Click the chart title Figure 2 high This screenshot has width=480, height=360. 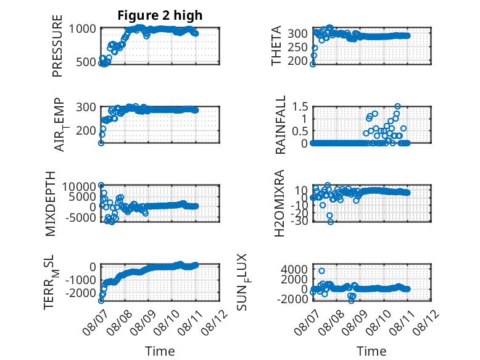pyautogui.click(x=160, y=15)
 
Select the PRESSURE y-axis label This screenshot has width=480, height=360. pyautogui.click(x=57, y=46)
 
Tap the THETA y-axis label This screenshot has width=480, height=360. pyautogui.click(x=276, y=46)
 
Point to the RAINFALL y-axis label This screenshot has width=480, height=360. pyautogui.click(x=280, y=125)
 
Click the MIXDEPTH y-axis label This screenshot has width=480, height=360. pyautogui.click(x=50, y=204)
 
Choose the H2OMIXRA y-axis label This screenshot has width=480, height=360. pyautogui.click(x=279, y=203)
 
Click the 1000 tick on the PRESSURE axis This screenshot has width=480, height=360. pyautogui.click(x=83, y=29)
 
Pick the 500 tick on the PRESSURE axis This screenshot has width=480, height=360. pyautogui.click(x=86, y=62)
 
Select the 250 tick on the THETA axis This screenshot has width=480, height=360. pyautogui.click(x=297, y=47)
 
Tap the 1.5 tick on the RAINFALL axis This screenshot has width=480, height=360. pyautogui.click(x=300, y=107)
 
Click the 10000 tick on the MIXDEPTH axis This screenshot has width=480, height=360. pyautogui.click(x=80, y=186)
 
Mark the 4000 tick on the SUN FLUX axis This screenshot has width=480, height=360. pyautogui.click(x=294, y=270)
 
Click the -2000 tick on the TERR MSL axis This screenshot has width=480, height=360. pyautogui.click(x=81, y=293)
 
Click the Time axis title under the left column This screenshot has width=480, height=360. pyautogui.click(x=160, y=351)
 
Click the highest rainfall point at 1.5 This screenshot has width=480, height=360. pyautogui.click(x=397, y=106)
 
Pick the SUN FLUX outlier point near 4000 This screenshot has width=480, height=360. pyautogui.click(x=321, y=271)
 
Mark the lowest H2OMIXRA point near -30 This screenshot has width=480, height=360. pyautogui.click(x=330, y=222)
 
